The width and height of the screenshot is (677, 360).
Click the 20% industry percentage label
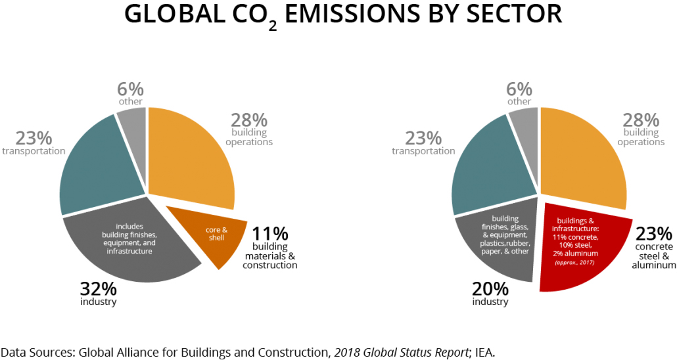point(490,288)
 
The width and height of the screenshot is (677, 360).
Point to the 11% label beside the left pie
point(269,233)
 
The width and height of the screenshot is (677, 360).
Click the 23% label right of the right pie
point(653,234)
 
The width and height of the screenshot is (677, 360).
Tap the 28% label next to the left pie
point(249,120)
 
